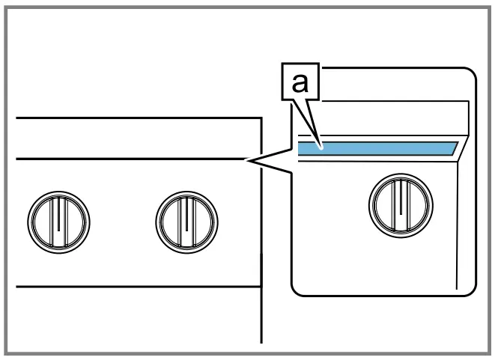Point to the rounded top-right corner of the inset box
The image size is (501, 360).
click(472, 73)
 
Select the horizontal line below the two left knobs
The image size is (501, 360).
click(135, 287)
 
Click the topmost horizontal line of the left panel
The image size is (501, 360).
click(135, 118)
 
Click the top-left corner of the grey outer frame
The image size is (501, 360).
click(4, 4)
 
